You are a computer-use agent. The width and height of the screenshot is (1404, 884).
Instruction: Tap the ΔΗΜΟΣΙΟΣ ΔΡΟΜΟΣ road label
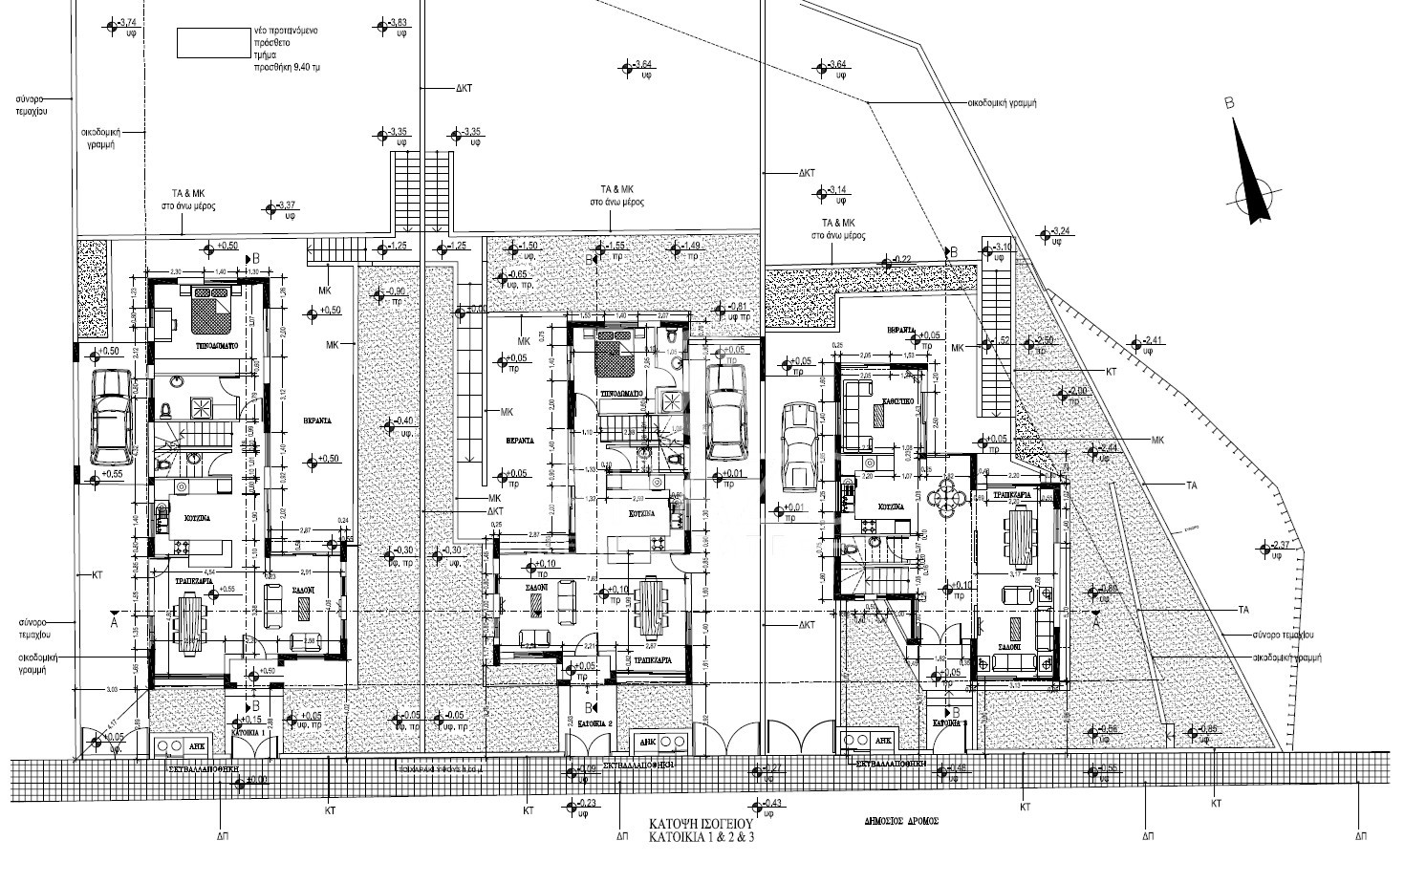(x=901, y=821)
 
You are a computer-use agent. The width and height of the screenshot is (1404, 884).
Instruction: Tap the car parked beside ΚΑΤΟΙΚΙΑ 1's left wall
(x=111, y=417)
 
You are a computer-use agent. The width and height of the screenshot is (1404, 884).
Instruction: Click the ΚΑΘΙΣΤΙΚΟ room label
(x=901, y=402)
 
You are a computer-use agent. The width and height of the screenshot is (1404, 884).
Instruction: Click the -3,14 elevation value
(x=837, y=189)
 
